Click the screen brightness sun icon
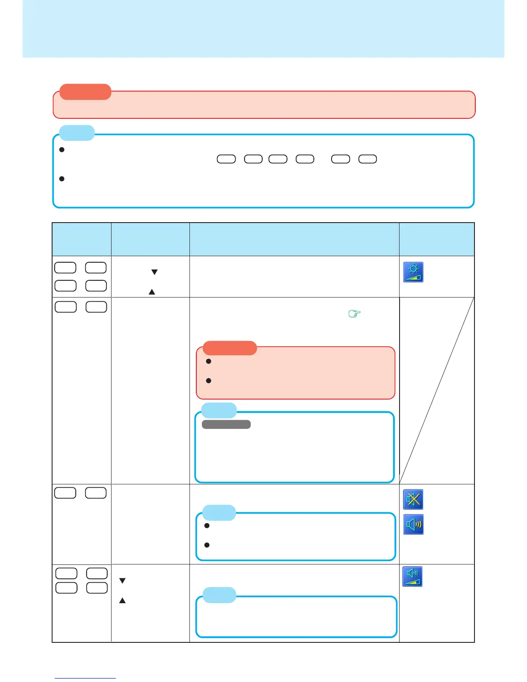[x=413, y=272]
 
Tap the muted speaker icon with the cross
[x=413, y=499]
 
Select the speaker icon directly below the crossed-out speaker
[x=413, y=524]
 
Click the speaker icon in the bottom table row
[x=412, y=577]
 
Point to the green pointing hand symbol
[x=353, y=314]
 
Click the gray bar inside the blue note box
[x=226, y=425]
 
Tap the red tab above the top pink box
[x=85, y=92]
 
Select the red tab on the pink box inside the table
[x=229, y=348]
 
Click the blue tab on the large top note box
[x=77, y=133]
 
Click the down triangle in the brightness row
[x=154, y=272]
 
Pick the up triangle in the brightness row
[x=152, y=292]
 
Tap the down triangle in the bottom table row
[x=122, y=581]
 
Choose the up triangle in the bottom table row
[x=122, y=600]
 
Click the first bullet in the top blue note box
[x=62, y=150]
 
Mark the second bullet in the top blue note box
[x=62, y=178]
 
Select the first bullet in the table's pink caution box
[x=208, y=361]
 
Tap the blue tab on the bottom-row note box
[x=219, y=595]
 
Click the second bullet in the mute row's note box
[x=207, y=545]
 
